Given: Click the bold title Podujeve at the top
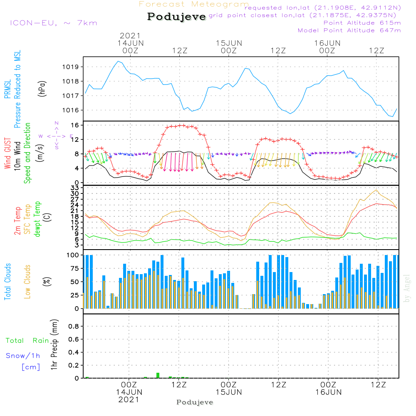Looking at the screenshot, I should point(177,17).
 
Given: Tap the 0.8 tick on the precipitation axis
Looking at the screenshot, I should point(74,327).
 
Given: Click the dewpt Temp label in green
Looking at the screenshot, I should point(38,219).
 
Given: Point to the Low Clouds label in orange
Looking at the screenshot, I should point(28,282).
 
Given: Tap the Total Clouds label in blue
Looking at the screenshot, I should point(8,282).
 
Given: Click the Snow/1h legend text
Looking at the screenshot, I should point(23,356).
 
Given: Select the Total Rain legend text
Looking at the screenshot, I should point(27,341).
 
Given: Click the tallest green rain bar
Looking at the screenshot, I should point(158,375).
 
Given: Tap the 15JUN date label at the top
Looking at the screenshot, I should point(229,43).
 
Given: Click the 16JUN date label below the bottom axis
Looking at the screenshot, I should point(328,392).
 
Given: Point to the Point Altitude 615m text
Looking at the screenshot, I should point(362,23).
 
